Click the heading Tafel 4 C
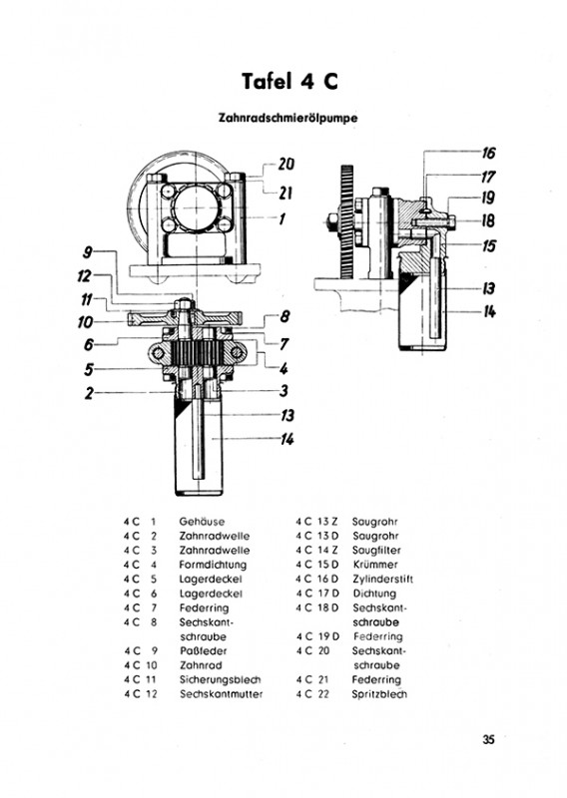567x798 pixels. [x=289, y=81]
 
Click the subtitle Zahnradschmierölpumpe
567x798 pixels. [x=287, y=118]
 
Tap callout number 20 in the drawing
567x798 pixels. [x=286, y=164]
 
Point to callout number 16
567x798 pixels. [x=488, y=153]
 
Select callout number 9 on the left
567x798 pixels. [x=88, y=252]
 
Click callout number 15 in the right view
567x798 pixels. [x=488, y=245]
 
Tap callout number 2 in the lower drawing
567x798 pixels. [x=90, y=393]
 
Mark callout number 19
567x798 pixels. [x=488, y=198]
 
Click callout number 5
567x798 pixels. [x=90, y=369]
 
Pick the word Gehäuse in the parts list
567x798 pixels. [x=202, y=522]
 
